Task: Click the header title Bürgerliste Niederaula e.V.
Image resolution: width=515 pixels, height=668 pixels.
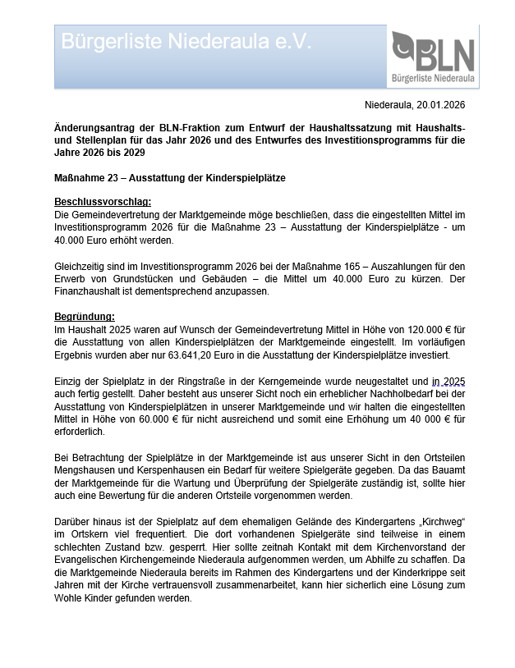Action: (186, 42)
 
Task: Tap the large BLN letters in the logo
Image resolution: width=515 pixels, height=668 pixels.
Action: (444, 55)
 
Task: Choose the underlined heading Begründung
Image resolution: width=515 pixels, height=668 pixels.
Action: (85, 316)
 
